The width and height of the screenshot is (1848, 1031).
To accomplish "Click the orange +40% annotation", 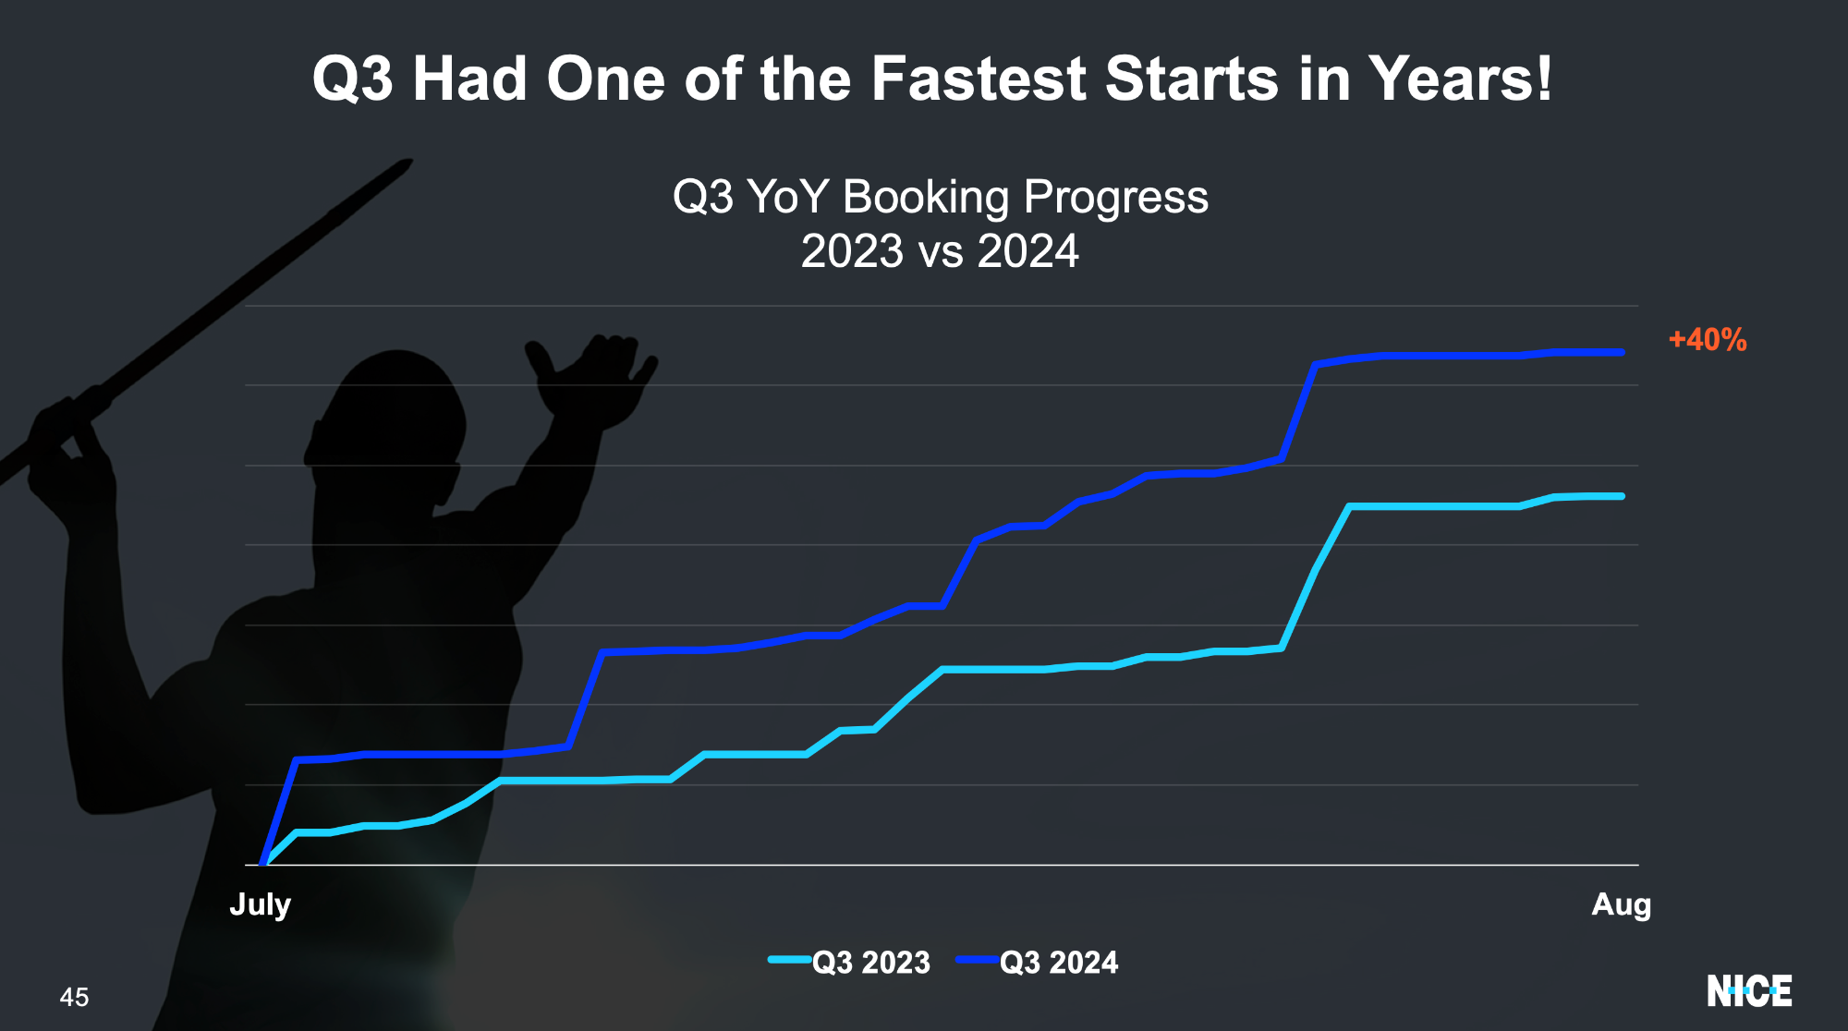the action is click(x=1708, y=340).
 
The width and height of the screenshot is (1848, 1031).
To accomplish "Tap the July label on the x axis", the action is click(x=260, y=904).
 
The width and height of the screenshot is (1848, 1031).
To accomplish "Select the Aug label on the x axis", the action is click(x=1621, y=904).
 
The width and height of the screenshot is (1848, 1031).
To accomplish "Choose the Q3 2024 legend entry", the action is click(x=1037, y=962).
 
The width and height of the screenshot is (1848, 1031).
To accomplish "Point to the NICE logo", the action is click(x=1749, y=991).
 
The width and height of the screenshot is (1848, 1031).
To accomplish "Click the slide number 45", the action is click(x=74, y=997).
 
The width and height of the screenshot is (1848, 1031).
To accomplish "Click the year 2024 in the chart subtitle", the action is click(x=1028, y=251).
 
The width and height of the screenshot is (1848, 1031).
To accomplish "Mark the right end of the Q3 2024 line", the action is click(x=1623, y=352).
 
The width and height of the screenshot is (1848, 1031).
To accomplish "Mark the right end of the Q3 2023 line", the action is click(x=1623, y=496).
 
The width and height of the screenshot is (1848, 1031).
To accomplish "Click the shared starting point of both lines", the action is click(x=263, y=864).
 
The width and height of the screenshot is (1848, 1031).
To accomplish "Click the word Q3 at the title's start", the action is click(x=353, y=80).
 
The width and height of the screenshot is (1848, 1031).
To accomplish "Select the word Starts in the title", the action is click(x=1192, y=79).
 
